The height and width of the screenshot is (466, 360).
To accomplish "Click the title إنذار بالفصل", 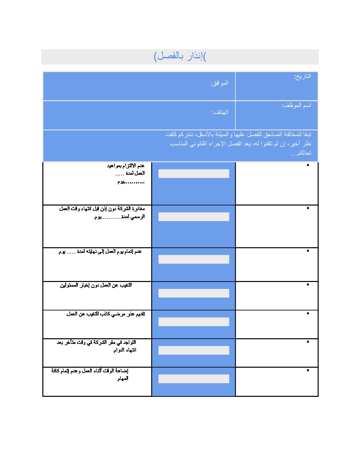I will (x=180, y=56).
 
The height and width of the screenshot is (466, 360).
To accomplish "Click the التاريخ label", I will (x=303, y=76).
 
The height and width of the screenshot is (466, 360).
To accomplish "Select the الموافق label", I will (x=219, y=83).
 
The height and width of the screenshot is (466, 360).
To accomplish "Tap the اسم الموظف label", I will (x=296, y=106).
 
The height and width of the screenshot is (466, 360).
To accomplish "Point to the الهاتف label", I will (x=220, y=112).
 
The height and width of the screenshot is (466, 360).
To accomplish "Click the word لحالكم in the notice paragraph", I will (x=304, y=153).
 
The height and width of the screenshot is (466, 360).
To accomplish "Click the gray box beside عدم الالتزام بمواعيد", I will (x=194, y=174).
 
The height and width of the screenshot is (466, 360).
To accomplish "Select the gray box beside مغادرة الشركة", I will (x=194, y=217).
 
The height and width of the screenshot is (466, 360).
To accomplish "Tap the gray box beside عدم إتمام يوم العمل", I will (x=194, y=259).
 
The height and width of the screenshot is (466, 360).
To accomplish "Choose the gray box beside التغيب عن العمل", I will (x=194, y=293).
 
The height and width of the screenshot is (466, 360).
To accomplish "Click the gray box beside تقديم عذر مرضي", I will (x=194, y=322).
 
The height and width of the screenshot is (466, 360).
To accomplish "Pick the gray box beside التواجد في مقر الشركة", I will (x=194, y=350).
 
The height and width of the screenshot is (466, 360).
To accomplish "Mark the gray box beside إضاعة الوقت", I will (x=194, y=379).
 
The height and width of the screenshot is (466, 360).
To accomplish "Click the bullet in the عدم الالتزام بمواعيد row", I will (x=308, y=165).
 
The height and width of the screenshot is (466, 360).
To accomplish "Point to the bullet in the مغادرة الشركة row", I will (x=308, y=208).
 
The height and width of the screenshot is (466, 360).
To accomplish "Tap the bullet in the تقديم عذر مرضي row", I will (x=308, y=313).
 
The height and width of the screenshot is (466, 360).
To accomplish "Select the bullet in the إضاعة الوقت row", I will (x=308, y=370).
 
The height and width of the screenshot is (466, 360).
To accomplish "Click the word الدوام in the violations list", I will (x=120, y=350).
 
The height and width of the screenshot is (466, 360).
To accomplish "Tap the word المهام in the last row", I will (x=122, y=379).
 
